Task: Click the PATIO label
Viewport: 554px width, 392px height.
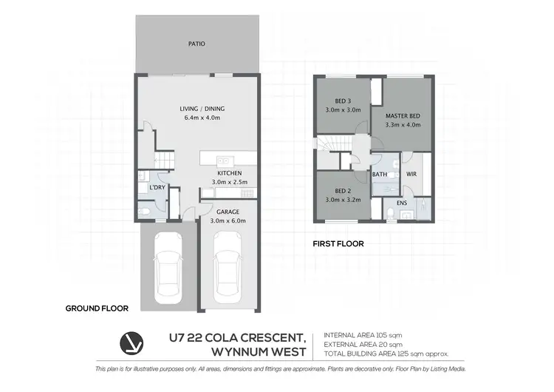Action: pos(196,44)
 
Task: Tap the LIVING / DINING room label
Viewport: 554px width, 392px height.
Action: pos(196,108)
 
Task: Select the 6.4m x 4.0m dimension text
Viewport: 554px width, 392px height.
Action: pos(196,118)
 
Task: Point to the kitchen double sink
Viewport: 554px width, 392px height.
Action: pos(220,159)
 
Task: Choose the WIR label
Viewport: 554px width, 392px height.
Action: pos(411,175)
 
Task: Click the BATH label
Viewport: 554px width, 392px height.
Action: pos(380,175)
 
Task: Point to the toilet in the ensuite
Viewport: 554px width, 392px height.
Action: pos(389,214)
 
